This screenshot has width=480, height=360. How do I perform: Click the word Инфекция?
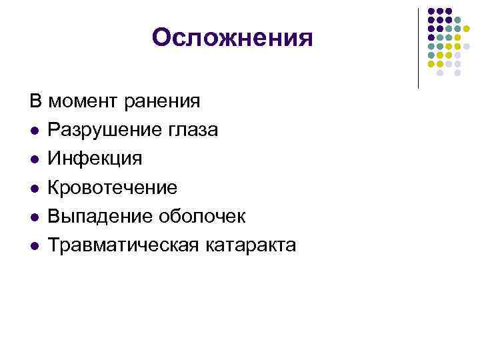click(x=95, y=159)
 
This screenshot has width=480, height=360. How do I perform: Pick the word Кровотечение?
click(x=113, y=187)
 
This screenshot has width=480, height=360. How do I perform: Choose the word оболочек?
click(x=202, y=216)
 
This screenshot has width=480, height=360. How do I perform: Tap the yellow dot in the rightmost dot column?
click(x=467, y=29)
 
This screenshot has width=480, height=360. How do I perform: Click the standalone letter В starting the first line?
click(x=34, y=101)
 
